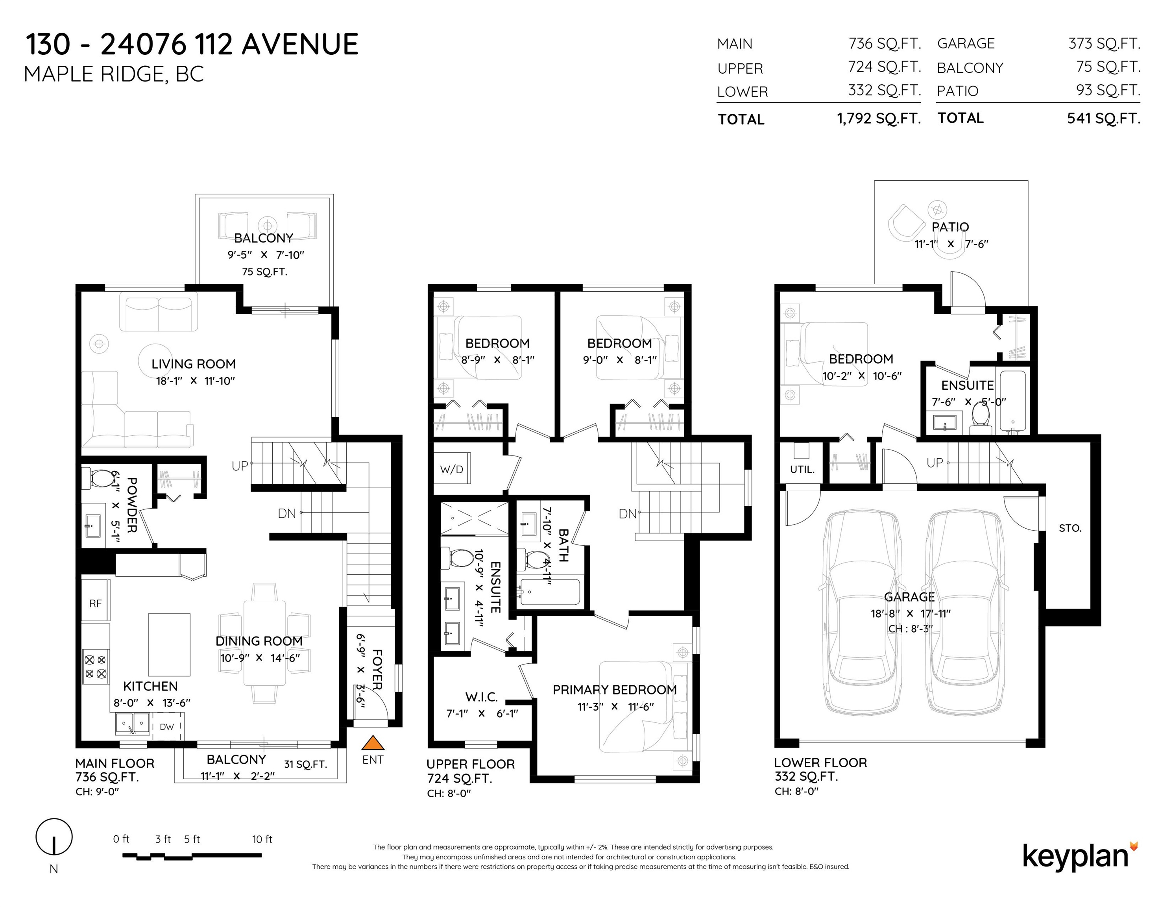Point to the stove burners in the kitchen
click(96, 666)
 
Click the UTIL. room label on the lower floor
click(802, 470)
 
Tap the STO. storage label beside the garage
click(1070, 528)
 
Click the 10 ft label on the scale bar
click(262, 839)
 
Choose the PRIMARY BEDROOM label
click(614, 689)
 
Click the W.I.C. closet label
click(481, 697)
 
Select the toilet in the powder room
click(97, 478)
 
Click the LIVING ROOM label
click(193, 364)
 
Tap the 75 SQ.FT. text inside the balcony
click(264, 271)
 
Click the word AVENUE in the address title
click(300, 44)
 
